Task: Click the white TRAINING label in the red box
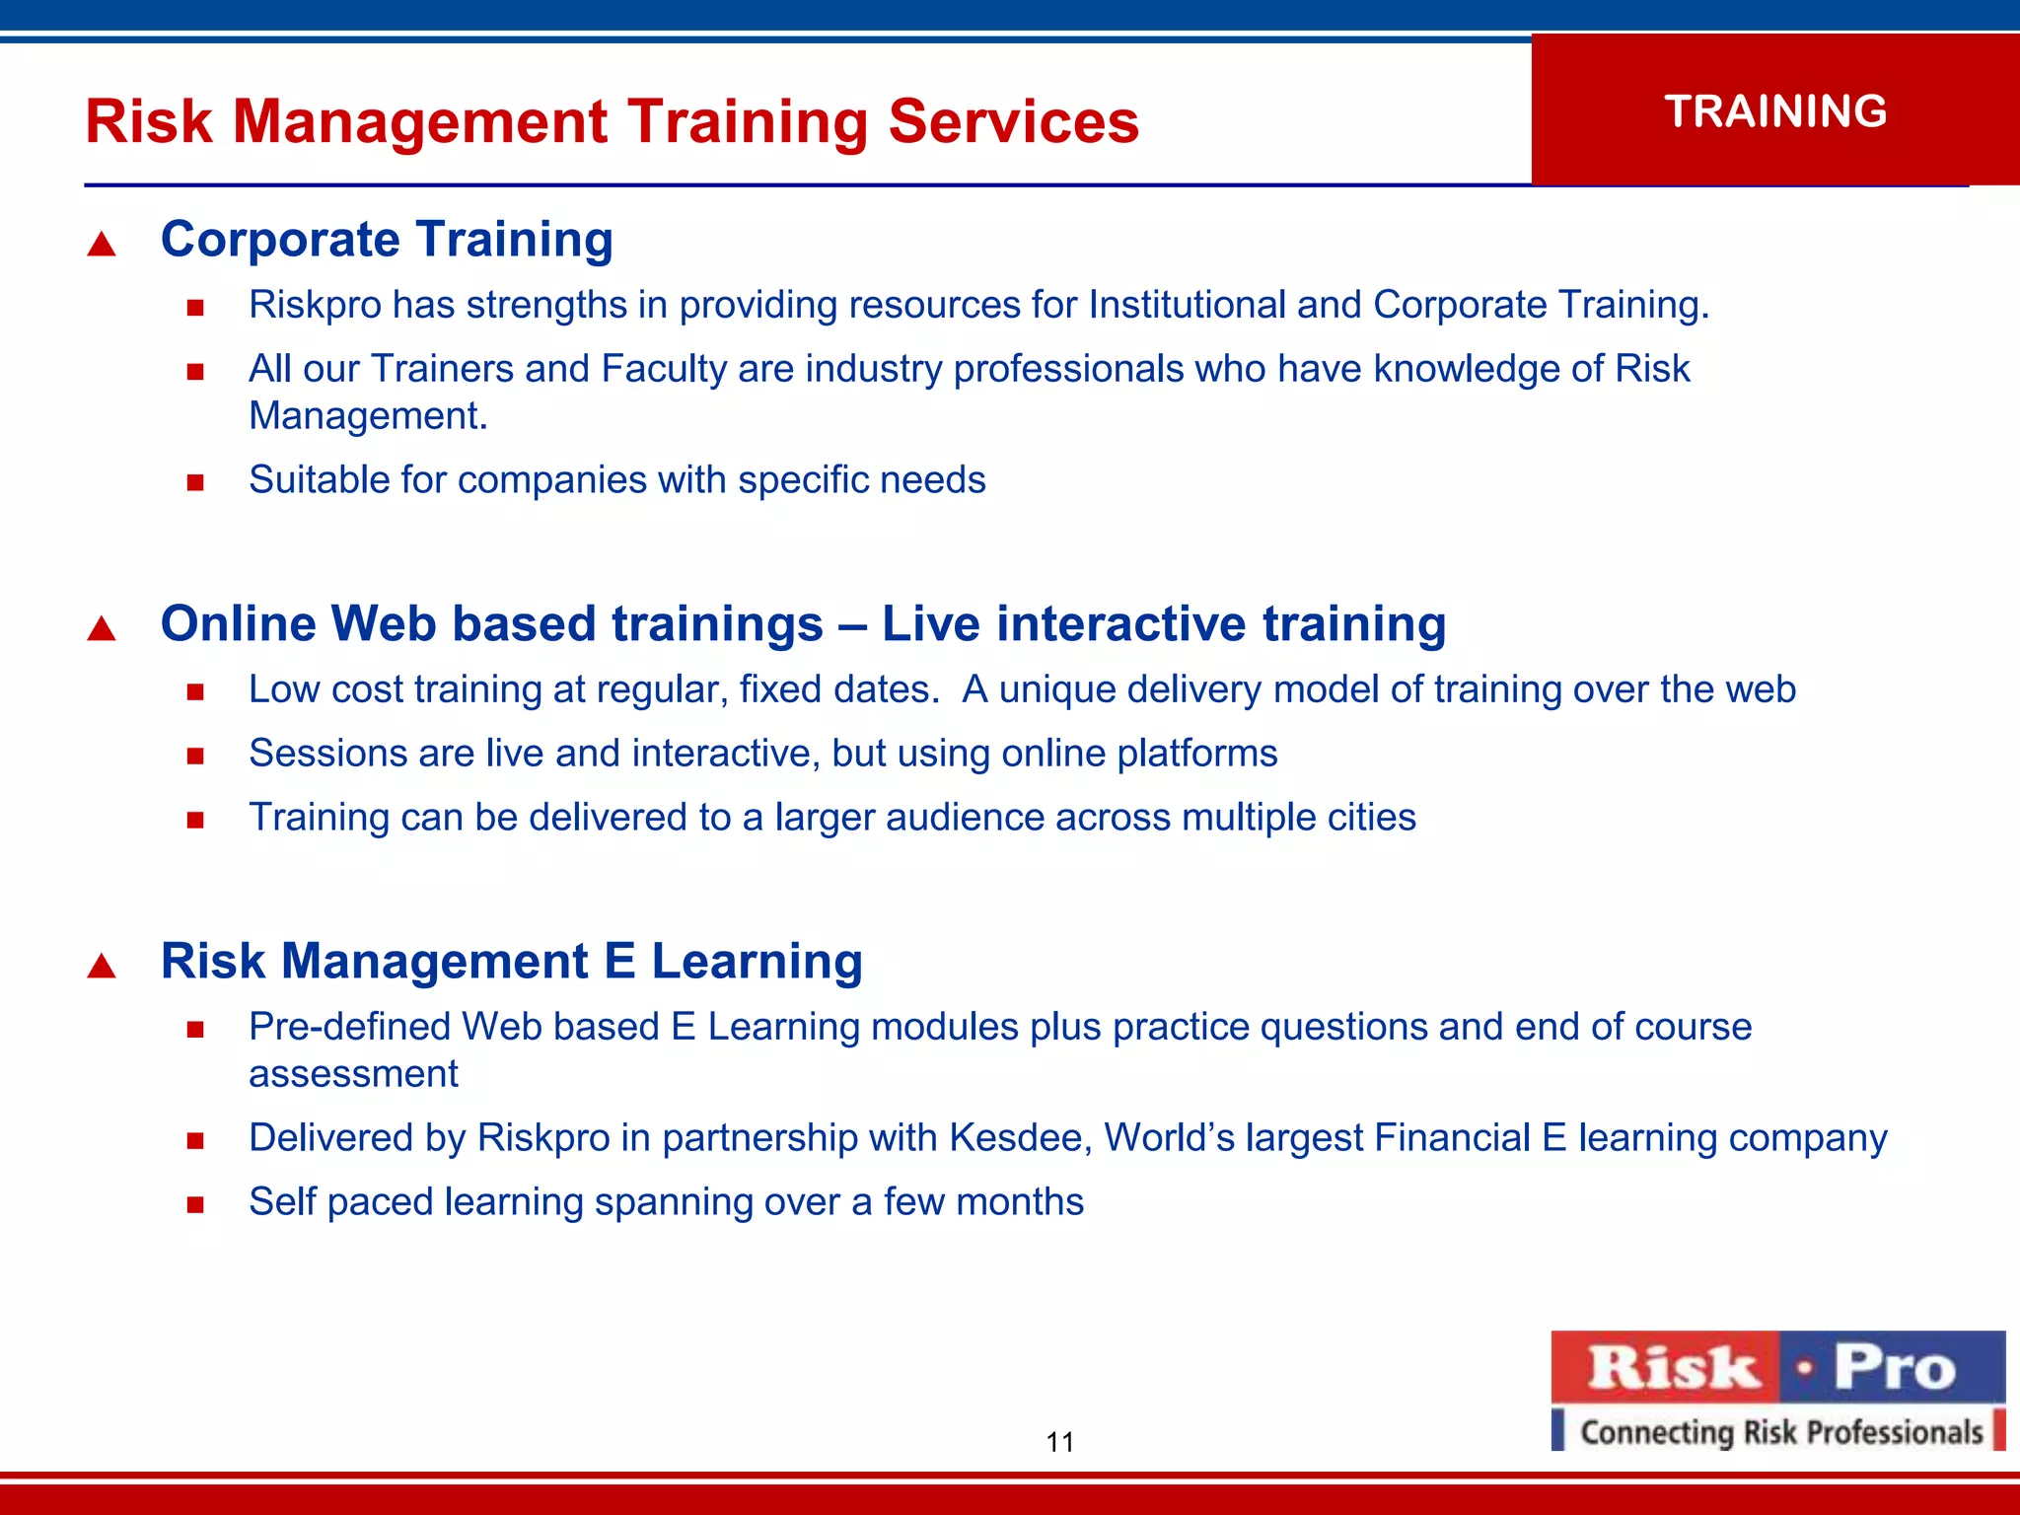click(x=1775, y=111)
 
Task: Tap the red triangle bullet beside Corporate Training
click(x=102, y=244)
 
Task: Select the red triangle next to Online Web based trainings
click(x=102, y=628)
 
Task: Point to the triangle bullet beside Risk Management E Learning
click(x=102, y=966)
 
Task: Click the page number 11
click(x=1059, y=1442)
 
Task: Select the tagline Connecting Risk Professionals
click(x=1780, y=1432)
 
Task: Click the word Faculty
click(x=664, y=369)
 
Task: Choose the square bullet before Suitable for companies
click(x=195, y=483)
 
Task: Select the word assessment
click(x=353, y=1074)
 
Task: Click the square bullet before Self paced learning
click(x=195, y=1204)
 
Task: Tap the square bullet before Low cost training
click(x=195, y=692)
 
